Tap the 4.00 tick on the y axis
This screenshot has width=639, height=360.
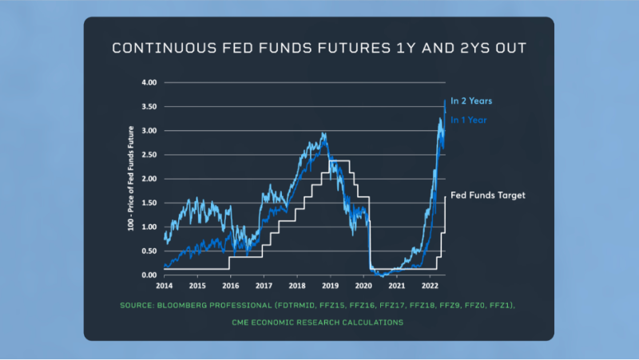(149, 82)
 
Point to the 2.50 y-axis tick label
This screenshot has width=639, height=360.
(149, 155)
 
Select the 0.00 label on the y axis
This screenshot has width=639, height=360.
(149, 275)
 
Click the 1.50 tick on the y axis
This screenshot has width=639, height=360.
(149, 203)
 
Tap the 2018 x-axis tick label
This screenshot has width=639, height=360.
(297, 285)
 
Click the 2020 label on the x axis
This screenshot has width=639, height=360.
(363, 285)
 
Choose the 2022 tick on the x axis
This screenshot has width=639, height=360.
(430, 285)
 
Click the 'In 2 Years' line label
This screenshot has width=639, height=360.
(471, 101)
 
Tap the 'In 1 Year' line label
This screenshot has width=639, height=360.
(469, 120)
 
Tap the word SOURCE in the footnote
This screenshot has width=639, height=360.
(137, 306)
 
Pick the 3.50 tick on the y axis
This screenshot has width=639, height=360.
(149, 106)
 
